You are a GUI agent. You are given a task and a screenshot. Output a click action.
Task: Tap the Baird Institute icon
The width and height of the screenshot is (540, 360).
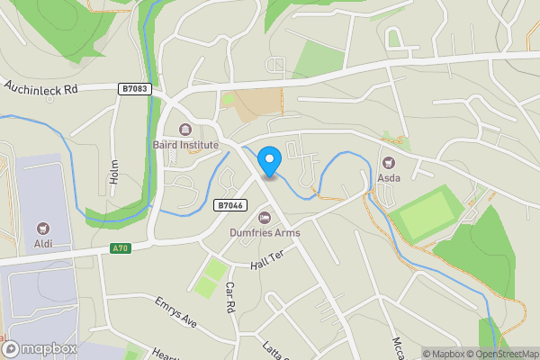pyautogui.click(x=185, y=129)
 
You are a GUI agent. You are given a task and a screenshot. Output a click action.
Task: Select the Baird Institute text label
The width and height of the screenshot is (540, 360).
pyautogui.click(x=185, y=145)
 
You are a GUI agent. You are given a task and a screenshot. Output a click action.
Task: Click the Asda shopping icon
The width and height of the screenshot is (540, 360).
pyautogui.click(x=389, y=163)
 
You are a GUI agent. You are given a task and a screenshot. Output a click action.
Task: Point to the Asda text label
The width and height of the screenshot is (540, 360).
pyautogui.click(x=389, y=179)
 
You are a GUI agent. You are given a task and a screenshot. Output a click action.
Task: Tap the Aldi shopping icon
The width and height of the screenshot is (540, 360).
pyautogui.click(x=42, y=229)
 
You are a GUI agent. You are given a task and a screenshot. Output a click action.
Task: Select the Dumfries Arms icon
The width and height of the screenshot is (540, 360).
pyautogui.click(x=265, y=217)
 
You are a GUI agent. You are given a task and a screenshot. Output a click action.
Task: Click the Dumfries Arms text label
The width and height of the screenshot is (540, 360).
pyautogui.click(x=265, y=233)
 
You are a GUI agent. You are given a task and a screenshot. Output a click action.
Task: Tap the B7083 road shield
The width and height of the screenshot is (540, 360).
pyautogui.click(x=132, y=88)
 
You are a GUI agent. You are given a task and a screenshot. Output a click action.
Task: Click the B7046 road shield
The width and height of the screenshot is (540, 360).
pyautogui.click(x=229, y=205)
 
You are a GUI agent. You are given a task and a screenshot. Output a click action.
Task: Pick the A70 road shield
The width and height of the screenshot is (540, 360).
pyautogui.click(x=120, y=248)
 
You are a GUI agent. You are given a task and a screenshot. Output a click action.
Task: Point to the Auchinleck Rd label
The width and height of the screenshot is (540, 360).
pyautogui.click(x=43, y=88)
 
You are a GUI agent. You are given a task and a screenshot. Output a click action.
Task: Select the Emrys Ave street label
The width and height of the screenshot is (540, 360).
pyautogui.click(x=175, y=310)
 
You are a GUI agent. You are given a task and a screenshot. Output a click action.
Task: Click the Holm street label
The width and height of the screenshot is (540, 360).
pyautogui.click(x=114, y=172)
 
